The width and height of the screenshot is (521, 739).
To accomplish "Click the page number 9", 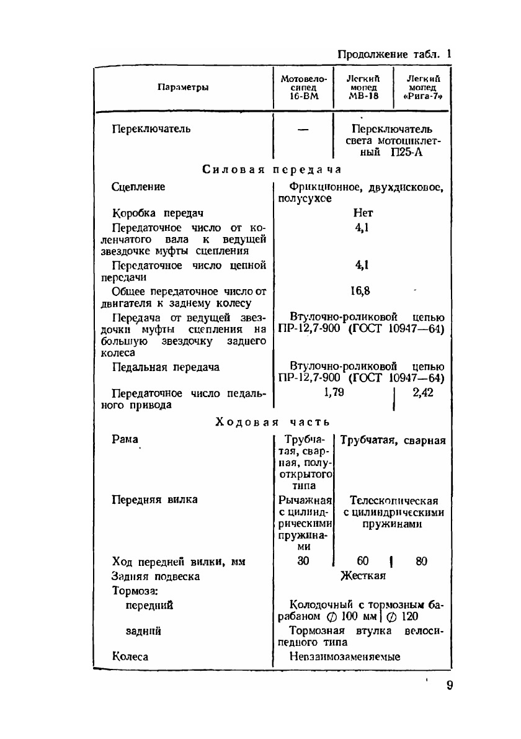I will click(x=450, y=686).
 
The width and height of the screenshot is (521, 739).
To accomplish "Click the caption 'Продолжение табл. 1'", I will click(x=394, y=54).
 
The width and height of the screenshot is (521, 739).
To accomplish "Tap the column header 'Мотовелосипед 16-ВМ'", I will click(x=303, y=87).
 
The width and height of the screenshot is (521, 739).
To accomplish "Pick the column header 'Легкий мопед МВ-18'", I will click(x=363, y=87).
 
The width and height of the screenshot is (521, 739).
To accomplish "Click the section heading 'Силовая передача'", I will click(x=272, y=169).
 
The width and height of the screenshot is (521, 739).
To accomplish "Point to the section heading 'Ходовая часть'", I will click(x=272, y=422).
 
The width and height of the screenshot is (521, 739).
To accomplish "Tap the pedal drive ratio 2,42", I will click(x=422, y=392).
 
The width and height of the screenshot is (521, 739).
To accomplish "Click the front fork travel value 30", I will click(x=303, y=562).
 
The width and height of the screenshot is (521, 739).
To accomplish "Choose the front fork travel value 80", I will click(x=422, y=562).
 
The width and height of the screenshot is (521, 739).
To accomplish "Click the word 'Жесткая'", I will click(x=363, y=576).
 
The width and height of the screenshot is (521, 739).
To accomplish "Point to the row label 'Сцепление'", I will click(x=138, y=187).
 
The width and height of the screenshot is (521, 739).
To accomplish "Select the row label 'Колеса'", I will click(x=130, y=656).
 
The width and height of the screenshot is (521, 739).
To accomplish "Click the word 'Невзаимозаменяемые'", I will click(x=345, y=656).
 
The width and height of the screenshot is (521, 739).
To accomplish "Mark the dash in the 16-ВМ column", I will click(x=303, y=130).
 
